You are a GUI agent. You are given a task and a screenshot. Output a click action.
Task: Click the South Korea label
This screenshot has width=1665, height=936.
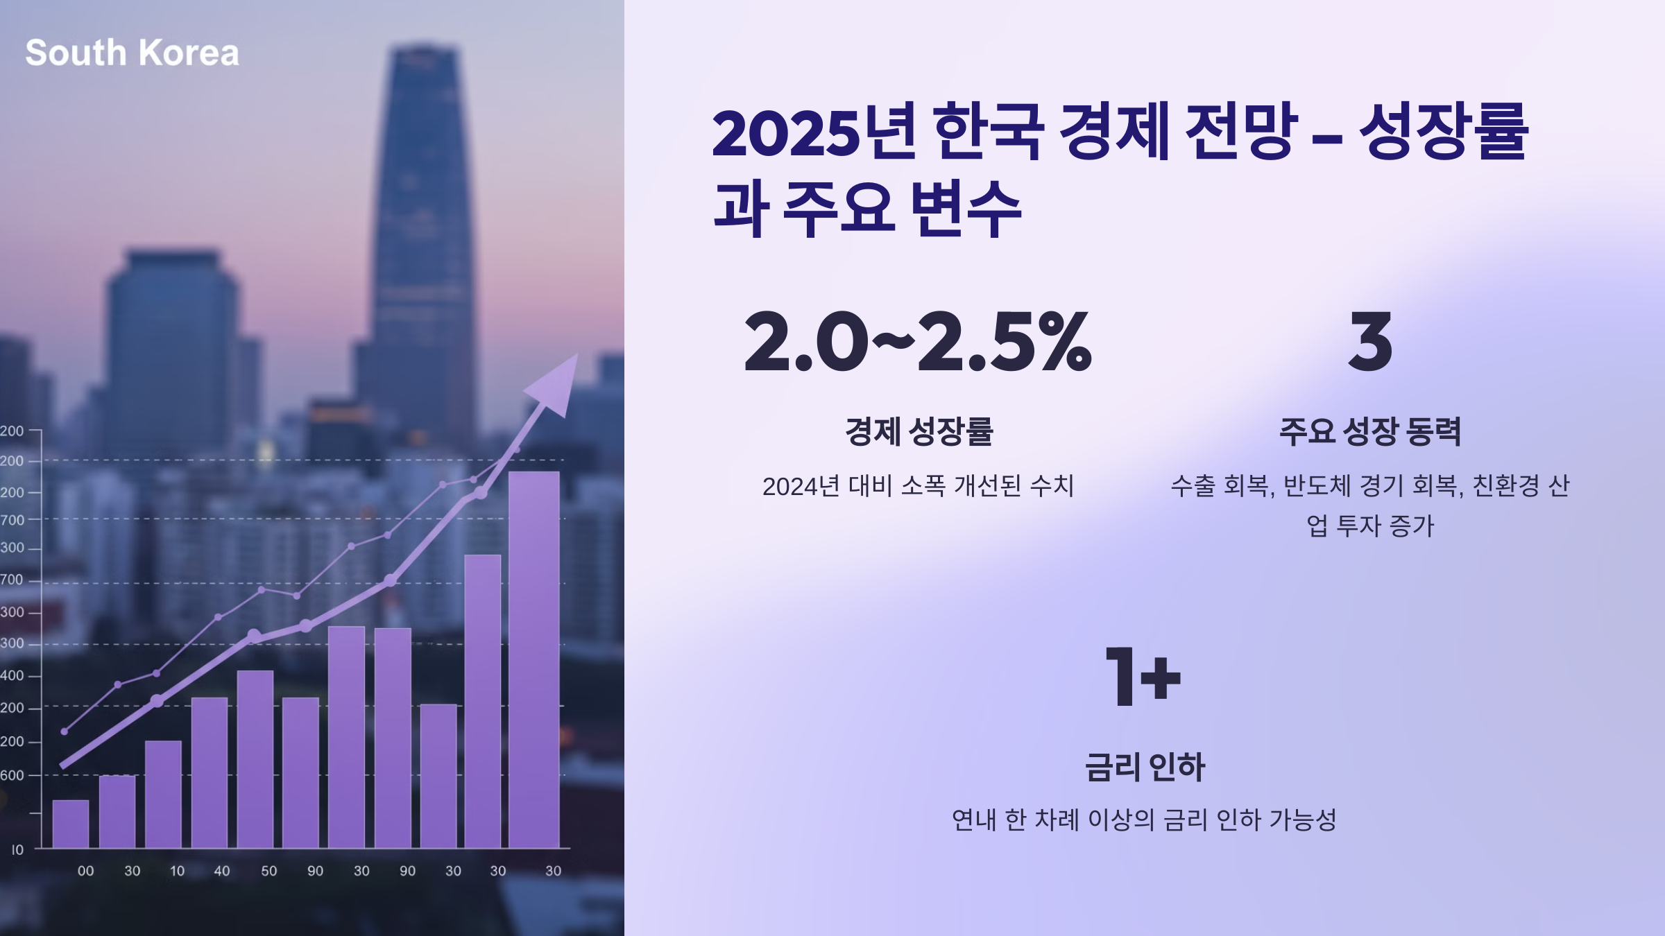pyautogui.click(x=132, y=53)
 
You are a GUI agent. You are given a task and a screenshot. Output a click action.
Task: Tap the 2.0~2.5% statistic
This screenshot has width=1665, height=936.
pyautogui.click(x=917, y=341)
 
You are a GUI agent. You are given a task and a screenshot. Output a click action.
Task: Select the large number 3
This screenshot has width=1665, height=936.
pyautogui.click(x=1370, y=341)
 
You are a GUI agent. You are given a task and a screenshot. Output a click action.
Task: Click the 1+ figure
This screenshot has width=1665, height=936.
pyautogui.click(x=1143, y=677)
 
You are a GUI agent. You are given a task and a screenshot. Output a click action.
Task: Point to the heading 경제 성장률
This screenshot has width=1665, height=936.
pyautogui.click(x=919, y=431)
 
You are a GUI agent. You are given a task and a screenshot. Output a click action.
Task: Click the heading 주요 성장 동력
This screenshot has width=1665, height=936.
pyautogui.click(x=1370, y=431)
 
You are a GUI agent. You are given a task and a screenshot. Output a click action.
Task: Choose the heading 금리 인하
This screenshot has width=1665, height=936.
pyautogui.click(x=1145, y=767)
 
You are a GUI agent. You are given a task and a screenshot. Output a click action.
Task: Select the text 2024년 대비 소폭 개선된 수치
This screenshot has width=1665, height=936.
pyautogui.click(x=918, y=486)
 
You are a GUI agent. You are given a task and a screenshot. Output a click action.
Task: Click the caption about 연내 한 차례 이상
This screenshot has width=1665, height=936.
pyautogui.click(x=1144, y=820)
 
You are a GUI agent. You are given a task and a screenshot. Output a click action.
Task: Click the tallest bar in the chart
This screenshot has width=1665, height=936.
pyautogui.click(x=533, y=659)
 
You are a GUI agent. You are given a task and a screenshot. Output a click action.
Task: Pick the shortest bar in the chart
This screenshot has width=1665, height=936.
pyautogui.click(x=71, y=824)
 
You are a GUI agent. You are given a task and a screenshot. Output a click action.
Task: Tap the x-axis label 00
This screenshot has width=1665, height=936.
pyautogui.click(x=85, y=871)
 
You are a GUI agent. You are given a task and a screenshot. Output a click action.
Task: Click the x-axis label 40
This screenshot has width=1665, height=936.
pyautogui.click(x=221, y=871)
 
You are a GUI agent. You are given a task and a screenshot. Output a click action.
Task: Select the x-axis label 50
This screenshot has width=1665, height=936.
pyautogui.click(x=268, y=871)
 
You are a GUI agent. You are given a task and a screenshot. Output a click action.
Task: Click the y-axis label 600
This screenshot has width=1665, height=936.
pyautogui.click(x=12, y=775)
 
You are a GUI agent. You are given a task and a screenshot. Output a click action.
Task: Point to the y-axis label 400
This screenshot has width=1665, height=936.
pyautogui.click(x=12, y=675)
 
